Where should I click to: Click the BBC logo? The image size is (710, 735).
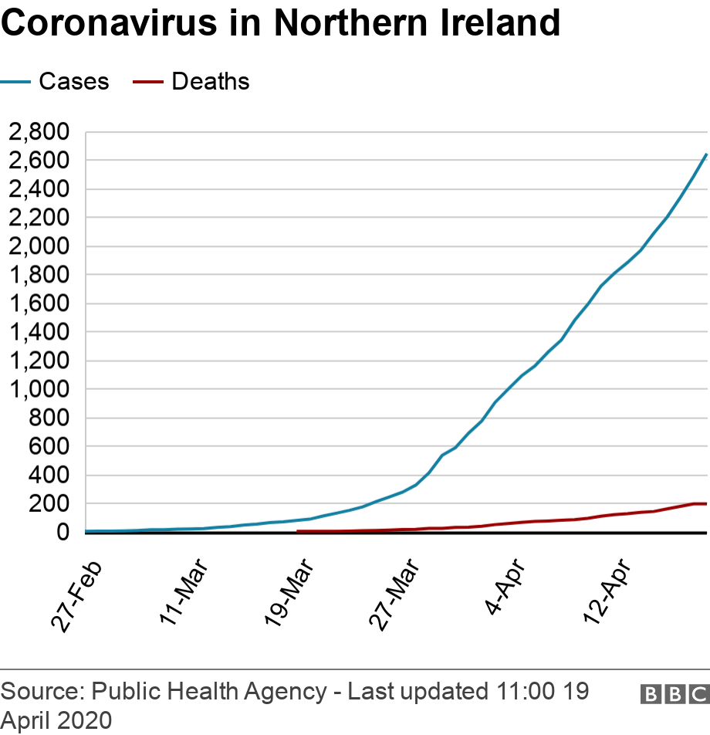click(x=674, y=694)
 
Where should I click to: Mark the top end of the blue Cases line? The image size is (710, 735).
click(x=706, y=154)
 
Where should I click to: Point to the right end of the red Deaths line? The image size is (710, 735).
click(x=706, y=503)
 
